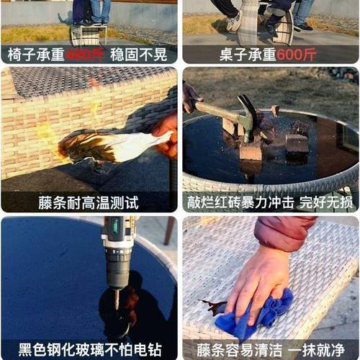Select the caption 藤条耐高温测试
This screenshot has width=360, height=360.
click(89, 202)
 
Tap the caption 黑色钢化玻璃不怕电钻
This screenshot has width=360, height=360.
click(89, 351)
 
